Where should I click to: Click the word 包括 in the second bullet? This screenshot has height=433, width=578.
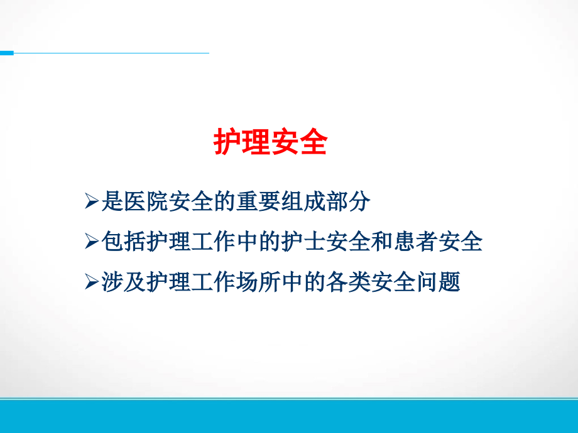[123, 242]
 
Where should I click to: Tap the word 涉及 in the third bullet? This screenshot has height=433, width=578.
[123, 282]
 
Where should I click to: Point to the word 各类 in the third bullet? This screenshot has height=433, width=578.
[348, 282]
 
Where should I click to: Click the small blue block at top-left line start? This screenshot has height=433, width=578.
[6, 53]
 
